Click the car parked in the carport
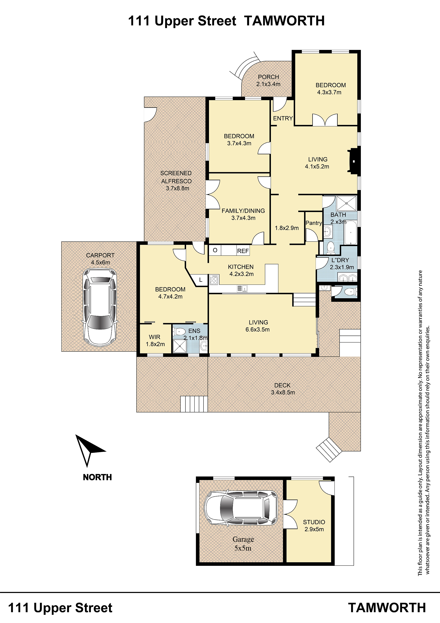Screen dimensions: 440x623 click(x=100, y=307)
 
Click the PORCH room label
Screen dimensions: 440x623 click(x=268, y=77)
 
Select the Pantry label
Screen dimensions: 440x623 click(x=314, y=223)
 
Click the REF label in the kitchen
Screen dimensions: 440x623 click(x=243, y=251)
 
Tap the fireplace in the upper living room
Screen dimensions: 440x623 click(x=353, y=161)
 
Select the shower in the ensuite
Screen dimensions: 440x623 click(x=180, y=346)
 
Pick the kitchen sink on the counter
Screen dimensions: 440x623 click(x=242, y=288)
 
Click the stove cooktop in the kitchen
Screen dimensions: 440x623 click(x=214, y=280)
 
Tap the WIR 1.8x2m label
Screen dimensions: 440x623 click(x=155, y=340)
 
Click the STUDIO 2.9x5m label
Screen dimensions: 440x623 click(x=314, y=526)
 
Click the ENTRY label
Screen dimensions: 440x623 click(x=283, y=118)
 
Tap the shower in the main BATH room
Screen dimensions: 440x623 click(x=346, y=203)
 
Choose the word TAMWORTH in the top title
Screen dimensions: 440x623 click(x=284, y=21)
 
